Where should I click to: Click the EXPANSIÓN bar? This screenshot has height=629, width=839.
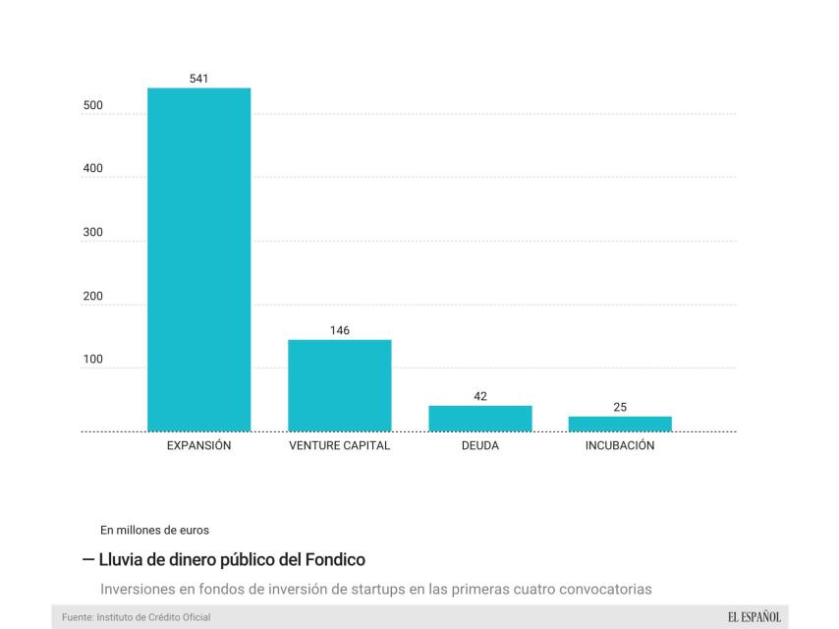coord(198,259)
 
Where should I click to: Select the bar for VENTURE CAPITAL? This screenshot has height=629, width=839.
coord(339,385)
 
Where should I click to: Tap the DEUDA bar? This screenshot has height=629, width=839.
coord(479,419)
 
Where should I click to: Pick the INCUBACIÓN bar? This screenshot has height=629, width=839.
coord(620,424)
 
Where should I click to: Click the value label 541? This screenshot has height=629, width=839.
coord(198,78)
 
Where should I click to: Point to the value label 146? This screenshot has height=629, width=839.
coord(339,330)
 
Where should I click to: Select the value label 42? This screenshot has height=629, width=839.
coord(479,396)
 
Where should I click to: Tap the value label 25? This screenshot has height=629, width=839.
coord(620,407)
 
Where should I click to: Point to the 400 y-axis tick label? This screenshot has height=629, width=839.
coord(92,168)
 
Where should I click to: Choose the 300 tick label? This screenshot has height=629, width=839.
coord(92,232)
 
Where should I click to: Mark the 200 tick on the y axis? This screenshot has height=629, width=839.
coord(92,296)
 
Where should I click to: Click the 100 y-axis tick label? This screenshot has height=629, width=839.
coord(92,360)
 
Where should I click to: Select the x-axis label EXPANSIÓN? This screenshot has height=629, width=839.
coord(198,445)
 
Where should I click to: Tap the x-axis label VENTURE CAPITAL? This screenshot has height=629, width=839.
coord(339,445)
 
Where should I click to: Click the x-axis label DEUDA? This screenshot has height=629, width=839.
coord(479,445)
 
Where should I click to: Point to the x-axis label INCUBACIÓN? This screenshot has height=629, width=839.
coord(620,445)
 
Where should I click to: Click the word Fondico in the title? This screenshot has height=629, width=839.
coord(334,559)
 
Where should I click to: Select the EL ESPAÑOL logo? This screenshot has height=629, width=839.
coord(754,616)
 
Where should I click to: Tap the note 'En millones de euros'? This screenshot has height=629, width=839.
coord(155,530)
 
